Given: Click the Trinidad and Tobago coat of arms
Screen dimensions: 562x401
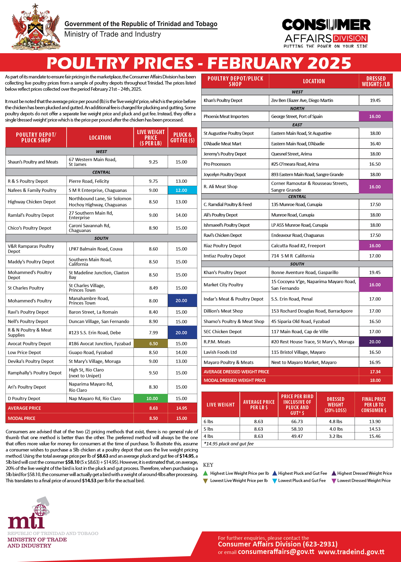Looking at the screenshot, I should coord(36,28).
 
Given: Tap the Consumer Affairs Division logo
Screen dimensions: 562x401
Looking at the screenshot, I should coord(326,33).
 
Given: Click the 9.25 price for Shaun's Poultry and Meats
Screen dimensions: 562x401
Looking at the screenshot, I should coord(153,162).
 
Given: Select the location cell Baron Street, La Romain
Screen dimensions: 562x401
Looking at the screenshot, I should coord(93,312).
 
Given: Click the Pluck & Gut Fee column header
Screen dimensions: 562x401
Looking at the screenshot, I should coord(182,138).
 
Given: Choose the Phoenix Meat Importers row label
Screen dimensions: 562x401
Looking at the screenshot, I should coord(226,116).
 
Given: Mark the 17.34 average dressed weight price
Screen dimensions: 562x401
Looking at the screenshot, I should coord(375,372).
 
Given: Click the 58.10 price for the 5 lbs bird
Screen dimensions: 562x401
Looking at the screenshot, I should coord(297,429).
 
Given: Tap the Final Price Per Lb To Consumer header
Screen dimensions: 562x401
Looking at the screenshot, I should coord(374,405).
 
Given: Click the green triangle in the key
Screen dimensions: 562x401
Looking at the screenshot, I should coord(205,473).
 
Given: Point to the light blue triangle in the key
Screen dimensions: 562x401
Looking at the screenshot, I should coord(274,481).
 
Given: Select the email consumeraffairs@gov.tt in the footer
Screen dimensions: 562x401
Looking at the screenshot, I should coord(276,552).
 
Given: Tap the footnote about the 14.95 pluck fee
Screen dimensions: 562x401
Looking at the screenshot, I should coord(229,444).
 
